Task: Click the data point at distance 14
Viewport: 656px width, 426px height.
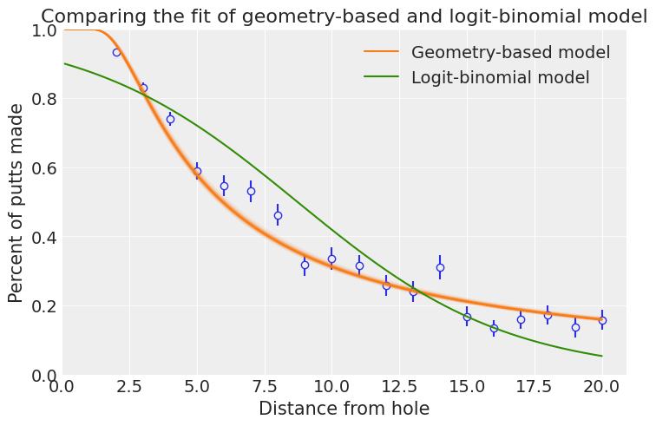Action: [440, 267]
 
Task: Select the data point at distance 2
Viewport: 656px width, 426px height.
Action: [117, 52]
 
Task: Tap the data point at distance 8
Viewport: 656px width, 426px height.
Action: [278, 215]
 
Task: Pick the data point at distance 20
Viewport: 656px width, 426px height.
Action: [602, 320]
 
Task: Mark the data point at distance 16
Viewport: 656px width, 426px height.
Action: [494, 328]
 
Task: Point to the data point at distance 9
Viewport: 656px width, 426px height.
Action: [305, 265]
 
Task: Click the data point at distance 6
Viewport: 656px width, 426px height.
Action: [224, 186]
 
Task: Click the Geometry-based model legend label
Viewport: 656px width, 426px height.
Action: [510, 52]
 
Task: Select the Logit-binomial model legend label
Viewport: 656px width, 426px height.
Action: [501, 77]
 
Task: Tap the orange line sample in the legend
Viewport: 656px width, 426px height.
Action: [382, 51]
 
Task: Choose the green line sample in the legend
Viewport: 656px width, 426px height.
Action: [382, 76]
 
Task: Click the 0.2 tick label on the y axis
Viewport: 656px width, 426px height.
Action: [44, 306]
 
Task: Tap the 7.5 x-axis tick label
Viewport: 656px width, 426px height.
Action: [265, 386]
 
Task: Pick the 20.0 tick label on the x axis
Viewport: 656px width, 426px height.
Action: [601, 386]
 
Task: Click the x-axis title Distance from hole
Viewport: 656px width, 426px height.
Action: [344, 409]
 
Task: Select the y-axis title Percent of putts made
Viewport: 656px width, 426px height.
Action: [16, 203]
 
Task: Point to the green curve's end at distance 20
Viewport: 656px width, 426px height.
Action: [602, 356]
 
